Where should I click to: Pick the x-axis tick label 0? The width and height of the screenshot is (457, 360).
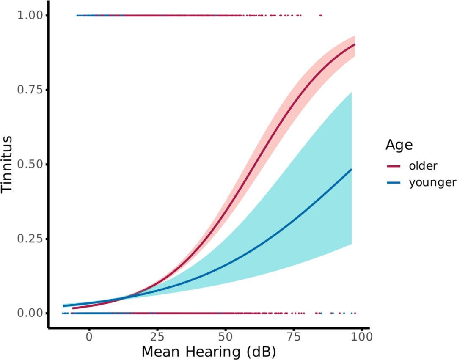tap(89, 338)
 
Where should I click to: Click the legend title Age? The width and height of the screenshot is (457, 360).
tap(399, 145)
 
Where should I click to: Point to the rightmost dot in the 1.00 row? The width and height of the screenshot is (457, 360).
tap(321, 16)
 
